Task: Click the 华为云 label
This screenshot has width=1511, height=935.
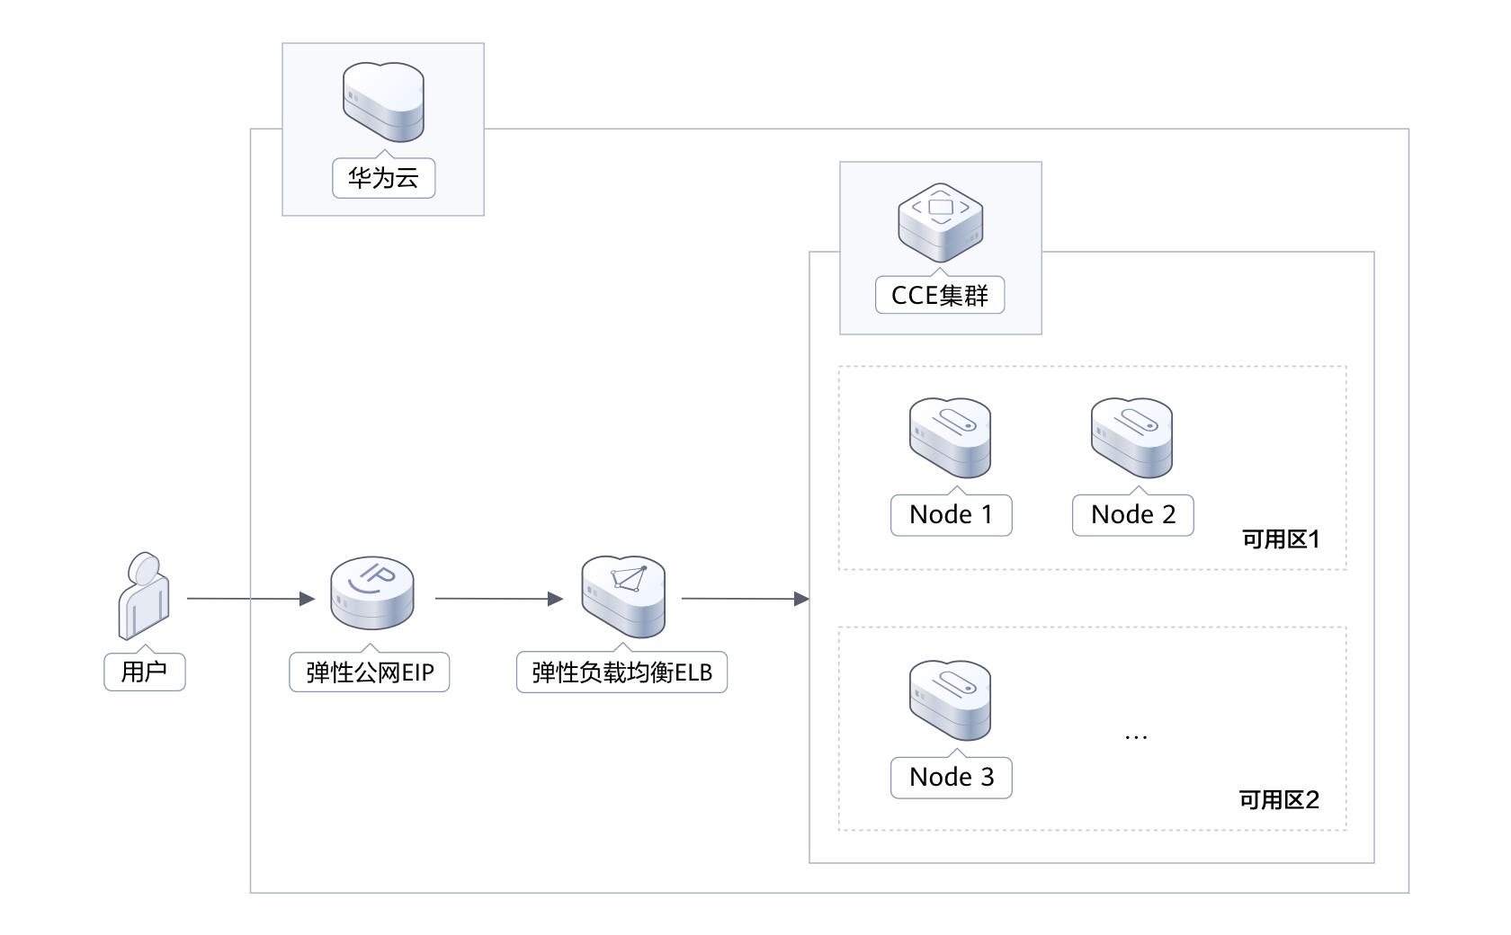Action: click(x=383, y=178)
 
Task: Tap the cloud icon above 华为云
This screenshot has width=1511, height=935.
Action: click(x=383, y=102)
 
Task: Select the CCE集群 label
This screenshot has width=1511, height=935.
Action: click(x=939, y=295)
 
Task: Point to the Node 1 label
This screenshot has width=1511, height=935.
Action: click(x=951, y=515)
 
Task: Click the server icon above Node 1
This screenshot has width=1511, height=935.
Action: click(x=950, y=438)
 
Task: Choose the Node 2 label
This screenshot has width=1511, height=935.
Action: click(x=1132, y=515)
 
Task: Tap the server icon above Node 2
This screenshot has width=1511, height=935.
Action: click(x=1131, y=438)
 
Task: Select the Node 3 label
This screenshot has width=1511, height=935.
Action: click(x=951, y=778)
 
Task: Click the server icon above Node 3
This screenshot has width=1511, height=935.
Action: click(x=950, y=700)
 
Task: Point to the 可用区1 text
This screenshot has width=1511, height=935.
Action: click(x=1281, y=539)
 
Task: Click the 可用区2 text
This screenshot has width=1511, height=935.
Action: click(x=1279, y=800)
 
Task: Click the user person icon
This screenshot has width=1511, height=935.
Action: click(x=144, y=595)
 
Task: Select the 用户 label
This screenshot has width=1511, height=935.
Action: click(x=144, y=672)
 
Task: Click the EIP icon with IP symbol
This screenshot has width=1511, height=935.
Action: click(x=371, y=593)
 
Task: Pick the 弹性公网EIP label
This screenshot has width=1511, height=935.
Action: click(x=369, y=672)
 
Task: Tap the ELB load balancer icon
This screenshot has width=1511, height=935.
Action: click(x=622, y=595)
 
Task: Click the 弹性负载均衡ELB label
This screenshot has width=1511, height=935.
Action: click(x=621, y=672)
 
